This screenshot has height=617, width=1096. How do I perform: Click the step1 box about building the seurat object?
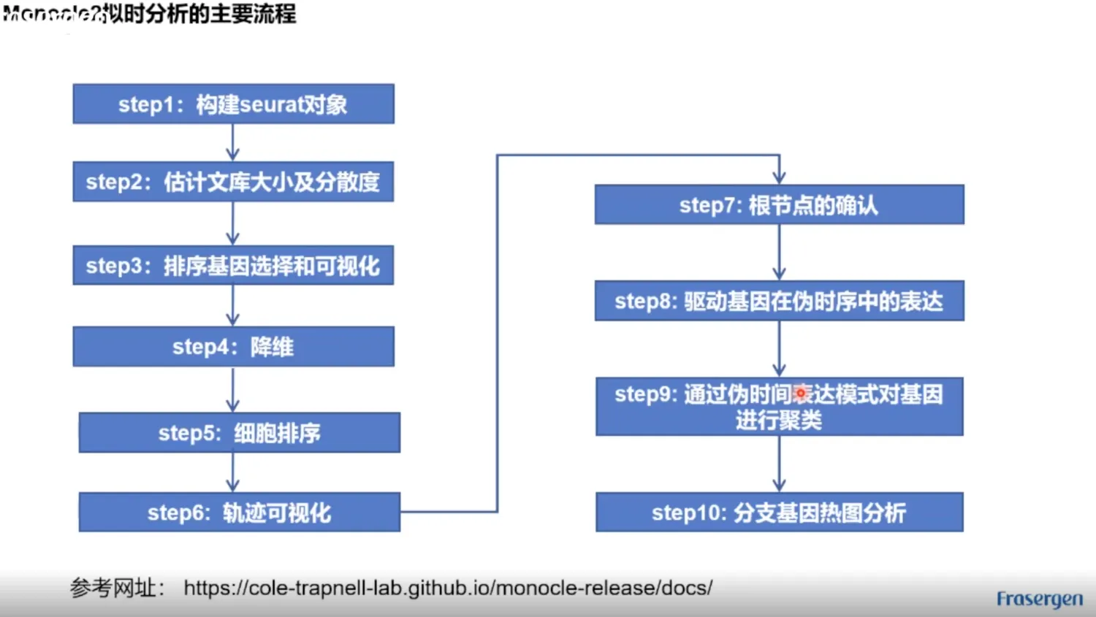[233, 104]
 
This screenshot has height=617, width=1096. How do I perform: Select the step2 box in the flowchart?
[233, 181]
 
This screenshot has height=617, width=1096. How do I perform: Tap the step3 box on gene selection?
[233, 265]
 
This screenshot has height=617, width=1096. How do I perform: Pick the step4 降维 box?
[233, 346]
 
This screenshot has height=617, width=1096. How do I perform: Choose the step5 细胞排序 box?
[239, 432]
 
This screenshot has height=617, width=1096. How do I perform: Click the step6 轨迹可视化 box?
[239, 512]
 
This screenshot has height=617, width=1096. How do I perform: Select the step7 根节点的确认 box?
[779, 204]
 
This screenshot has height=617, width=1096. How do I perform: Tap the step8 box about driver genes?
[779, 300]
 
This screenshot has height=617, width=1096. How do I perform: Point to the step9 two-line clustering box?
[779, 407]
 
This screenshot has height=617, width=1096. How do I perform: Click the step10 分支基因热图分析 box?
[779, 512]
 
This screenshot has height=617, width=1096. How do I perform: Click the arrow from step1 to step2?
[233, 142]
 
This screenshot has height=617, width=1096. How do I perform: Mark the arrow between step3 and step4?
[233, 305]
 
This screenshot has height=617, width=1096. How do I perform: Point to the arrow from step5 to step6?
[233, 472]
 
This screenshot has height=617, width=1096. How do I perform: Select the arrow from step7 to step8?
[779, 252]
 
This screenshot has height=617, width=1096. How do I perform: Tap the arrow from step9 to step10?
[779, 464]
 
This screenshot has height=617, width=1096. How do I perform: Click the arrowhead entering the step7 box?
[779, 177]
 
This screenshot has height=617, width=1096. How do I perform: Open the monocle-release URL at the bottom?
[448, 588]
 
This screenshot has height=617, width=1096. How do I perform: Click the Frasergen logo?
[1039, 599]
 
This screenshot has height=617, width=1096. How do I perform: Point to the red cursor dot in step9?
[801, 394]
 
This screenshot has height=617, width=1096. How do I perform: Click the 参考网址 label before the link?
[117, 588]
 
